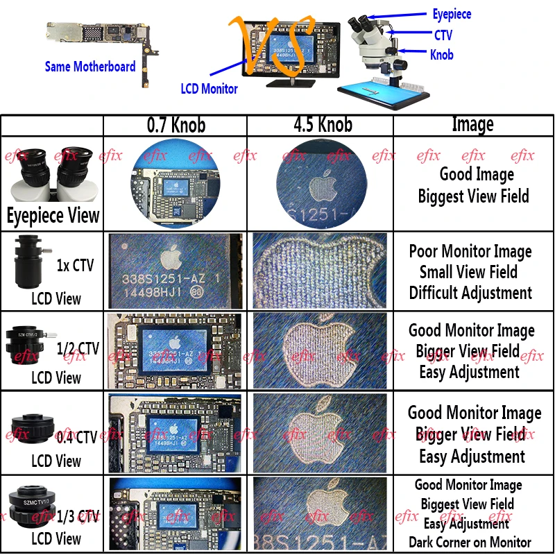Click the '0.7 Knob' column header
click(x=176, y=126)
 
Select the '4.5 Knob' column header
click(x=321, y=125)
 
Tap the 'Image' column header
click(x=472, y=125)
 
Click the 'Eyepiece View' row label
click(x=53, y=216)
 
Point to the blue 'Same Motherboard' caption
click(x=90, y=67)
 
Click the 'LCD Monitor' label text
click(x=210, y=89)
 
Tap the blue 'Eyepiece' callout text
click(x=452, y=15)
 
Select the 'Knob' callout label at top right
click(x=442, y=54)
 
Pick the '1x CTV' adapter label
click(x=72, y=264)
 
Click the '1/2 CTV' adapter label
click(x=78, y=348)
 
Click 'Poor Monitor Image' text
click(x=470, y=251)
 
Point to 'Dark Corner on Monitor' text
click(x=470, y=543)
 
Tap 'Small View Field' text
click(x=468, y=272)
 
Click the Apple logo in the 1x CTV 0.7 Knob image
click(x=169, y=259)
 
